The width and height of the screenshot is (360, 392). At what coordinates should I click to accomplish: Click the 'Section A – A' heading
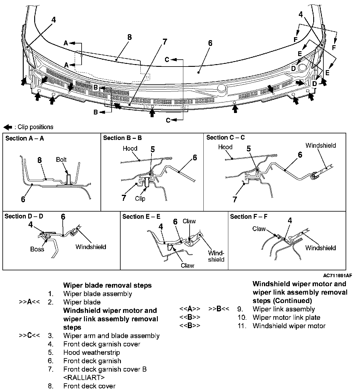(25, 138)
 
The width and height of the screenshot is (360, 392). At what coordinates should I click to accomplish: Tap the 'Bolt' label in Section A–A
(61, 160)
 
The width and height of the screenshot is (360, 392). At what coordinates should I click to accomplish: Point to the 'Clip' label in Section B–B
(140, 198)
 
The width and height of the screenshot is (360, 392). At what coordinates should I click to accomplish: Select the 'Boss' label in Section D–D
(37, 249)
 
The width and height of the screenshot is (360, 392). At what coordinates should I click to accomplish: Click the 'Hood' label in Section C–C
(225, 147)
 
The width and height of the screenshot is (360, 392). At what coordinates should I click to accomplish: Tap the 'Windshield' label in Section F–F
(320, 248)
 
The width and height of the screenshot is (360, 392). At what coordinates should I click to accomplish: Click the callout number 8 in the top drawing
(129, 37)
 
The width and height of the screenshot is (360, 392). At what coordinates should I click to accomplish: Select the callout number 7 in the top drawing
(165, 42)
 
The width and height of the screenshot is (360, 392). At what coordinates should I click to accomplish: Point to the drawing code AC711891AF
(337, 275)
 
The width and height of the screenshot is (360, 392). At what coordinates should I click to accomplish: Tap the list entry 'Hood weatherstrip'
(91, 352)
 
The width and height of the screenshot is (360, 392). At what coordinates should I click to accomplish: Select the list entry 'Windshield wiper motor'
(289, 326)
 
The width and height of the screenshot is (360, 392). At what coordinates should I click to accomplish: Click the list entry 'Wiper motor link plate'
(286, 317)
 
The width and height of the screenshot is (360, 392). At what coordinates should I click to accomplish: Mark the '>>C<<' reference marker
(29, 336)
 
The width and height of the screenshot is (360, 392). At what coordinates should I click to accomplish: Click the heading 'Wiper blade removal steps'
(107, 285)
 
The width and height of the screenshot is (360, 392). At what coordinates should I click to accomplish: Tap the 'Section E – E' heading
(141, 216)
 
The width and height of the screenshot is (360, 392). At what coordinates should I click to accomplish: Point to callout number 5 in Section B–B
(153, 149)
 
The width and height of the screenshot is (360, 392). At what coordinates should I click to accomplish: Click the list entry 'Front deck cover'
(89, 386)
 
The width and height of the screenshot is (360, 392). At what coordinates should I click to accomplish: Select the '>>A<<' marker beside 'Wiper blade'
(29, 302)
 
